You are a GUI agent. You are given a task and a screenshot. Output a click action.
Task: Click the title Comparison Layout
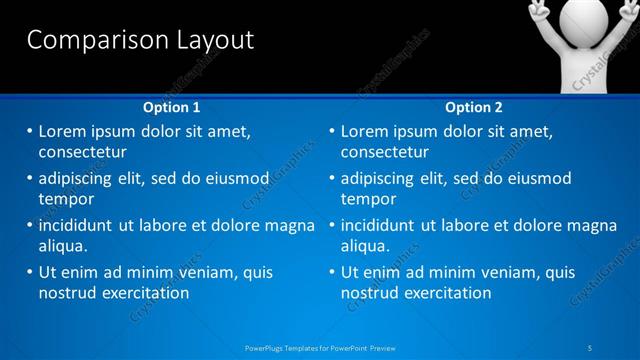tap(139, 41)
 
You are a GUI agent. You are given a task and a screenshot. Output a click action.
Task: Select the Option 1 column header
tap(172, 107)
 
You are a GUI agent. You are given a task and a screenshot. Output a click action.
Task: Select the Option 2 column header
tap(474, 107)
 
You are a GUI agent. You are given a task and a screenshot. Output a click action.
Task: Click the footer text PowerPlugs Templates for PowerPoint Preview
tap(320, 348)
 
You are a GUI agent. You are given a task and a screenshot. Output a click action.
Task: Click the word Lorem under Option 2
tap(366, 131)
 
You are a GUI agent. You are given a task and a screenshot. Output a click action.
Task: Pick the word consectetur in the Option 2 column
tap(384, 153)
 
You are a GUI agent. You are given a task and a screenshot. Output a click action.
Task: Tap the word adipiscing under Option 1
tap(77, 178)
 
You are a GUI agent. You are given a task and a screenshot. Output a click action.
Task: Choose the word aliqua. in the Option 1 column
tap(63, 246)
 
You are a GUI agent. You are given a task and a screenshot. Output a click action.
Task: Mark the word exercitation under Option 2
tap(448, 293)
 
